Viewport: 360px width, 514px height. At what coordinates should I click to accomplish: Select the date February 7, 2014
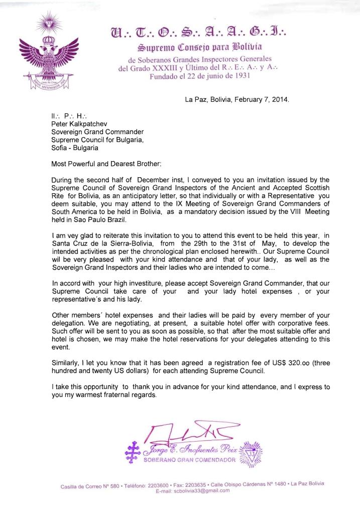[265, 99]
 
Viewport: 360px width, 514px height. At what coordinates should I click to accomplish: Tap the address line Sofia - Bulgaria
[73, 148]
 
